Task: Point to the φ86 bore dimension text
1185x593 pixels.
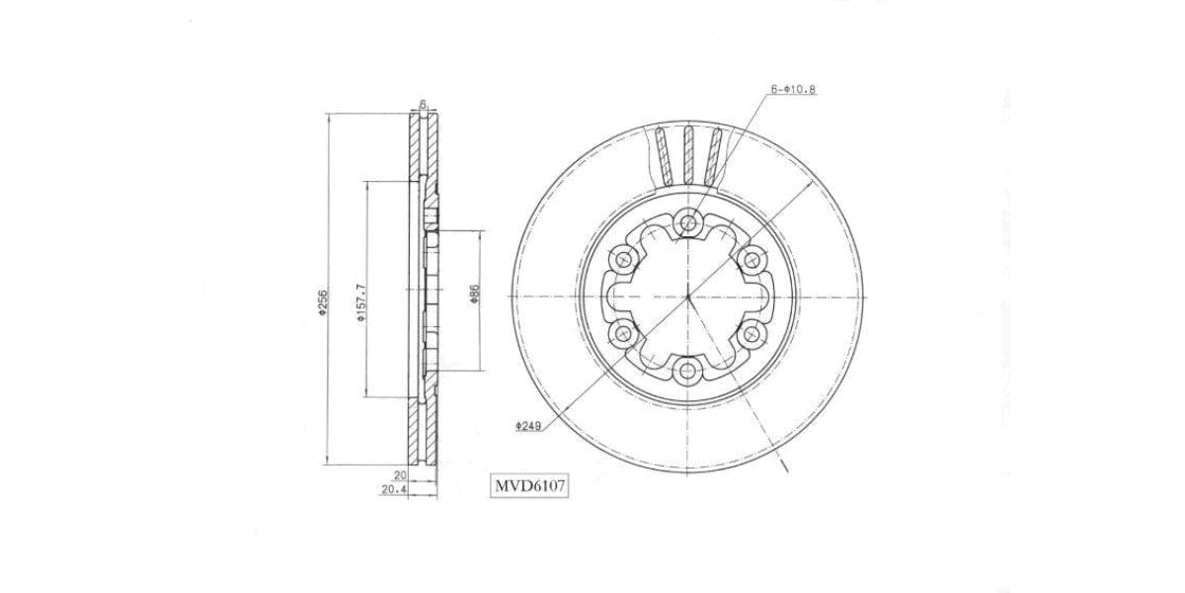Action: tap(475, 295)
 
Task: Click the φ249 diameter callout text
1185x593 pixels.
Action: tap(525, 426)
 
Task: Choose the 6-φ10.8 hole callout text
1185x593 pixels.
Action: tap(793, 89)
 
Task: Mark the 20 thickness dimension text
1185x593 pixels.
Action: tap(400, 475)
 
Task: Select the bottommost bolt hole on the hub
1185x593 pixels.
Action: tap(688, 372)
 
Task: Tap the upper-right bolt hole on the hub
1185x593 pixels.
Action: tap(752, 259)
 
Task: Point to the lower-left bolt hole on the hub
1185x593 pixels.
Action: tap(623, 334)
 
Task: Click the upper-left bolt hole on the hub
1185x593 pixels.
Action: tap(623, 259)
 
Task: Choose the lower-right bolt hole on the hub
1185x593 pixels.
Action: tap(752, 334)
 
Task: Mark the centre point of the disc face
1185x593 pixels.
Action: tap(688, 296)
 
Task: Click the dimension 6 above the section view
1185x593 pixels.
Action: tap(423, 103)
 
